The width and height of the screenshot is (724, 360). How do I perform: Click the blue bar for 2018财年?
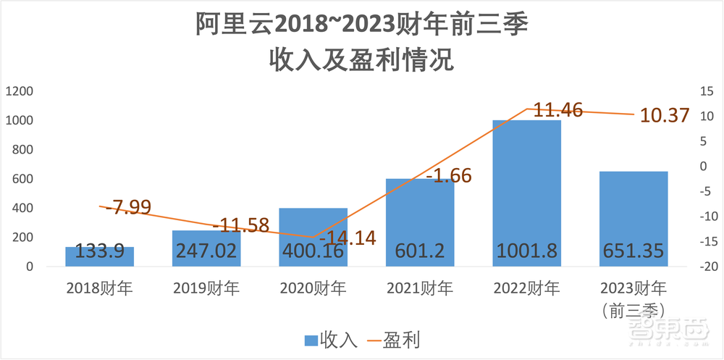pyautogui.click(x=100, y=257)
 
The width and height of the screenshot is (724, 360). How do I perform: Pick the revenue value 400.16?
pyautogui.click(x=313, y=251)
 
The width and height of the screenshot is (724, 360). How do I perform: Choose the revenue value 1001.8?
pyautogui.click(x=527, y=251)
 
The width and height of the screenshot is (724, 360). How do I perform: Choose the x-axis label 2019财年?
pyautogui.click(x=206, y=289)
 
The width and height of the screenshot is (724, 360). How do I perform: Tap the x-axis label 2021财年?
pyautogui.click(x=420, y=289)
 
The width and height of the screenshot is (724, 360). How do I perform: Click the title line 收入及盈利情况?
pyautogui.click(x=361, y=59)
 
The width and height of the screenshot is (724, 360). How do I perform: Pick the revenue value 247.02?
pyautogui.click(x=206, y=251)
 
